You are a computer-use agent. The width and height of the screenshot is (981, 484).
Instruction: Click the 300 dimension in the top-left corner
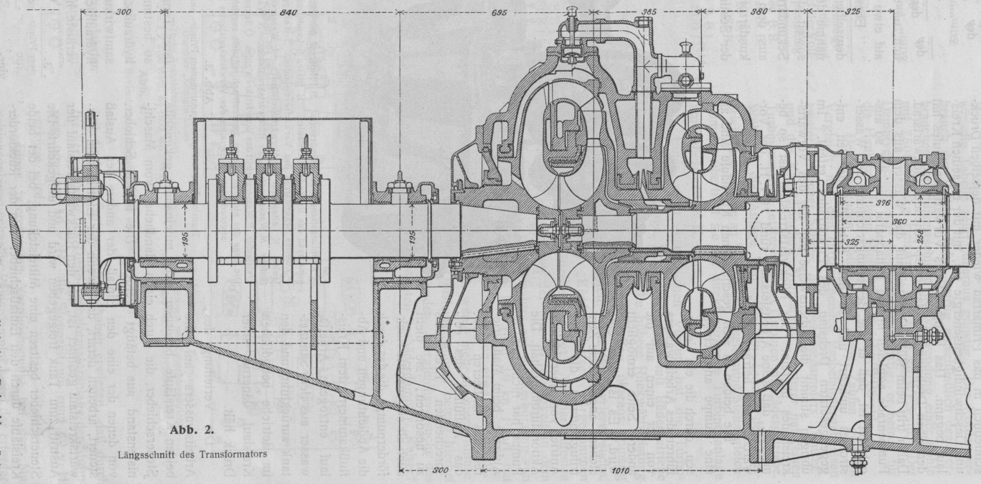tap(123, 12)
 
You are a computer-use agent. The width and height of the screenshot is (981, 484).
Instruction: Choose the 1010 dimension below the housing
tap(621, 473)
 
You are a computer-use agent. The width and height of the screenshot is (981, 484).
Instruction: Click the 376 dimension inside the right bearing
tap(883, 203)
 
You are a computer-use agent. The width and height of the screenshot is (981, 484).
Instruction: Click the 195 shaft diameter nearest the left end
tap(186, 239)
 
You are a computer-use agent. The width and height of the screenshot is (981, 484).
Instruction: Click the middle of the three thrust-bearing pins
tap(268, 147)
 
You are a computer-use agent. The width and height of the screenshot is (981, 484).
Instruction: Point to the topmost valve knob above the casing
tap(573, 10)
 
